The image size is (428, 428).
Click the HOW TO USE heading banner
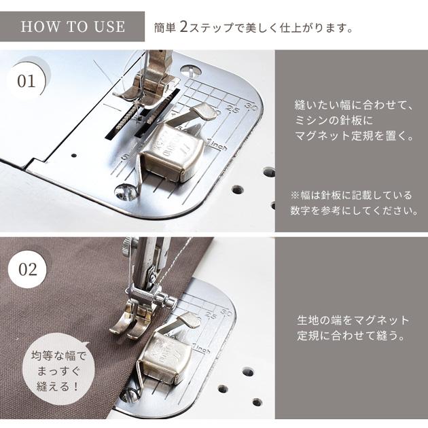pos(73,26)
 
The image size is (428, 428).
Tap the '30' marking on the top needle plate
pos(251,106)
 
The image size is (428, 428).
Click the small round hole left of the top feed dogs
pos(73,155)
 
